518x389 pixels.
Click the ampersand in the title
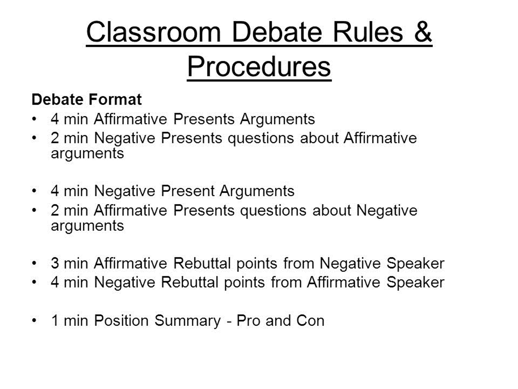[423, 32]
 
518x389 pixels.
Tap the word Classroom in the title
[154, 32]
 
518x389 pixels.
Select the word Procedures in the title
[259, 67]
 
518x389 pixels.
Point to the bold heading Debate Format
[87, 100]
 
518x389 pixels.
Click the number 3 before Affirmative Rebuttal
[55, 263]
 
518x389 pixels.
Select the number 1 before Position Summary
[55, 321]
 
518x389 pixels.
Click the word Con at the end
[310, 321]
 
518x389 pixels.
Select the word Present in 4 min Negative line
[188, 191]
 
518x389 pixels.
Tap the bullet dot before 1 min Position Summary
[34, 321]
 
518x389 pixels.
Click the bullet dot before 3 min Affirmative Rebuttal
[34, 263]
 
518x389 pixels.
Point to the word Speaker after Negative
[416, 264]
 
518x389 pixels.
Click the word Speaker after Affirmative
[416, 283]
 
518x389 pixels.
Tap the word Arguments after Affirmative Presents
[278, 120]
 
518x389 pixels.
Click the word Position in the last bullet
[121, 321]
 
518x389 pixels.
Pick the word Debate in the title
[277, 32]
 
